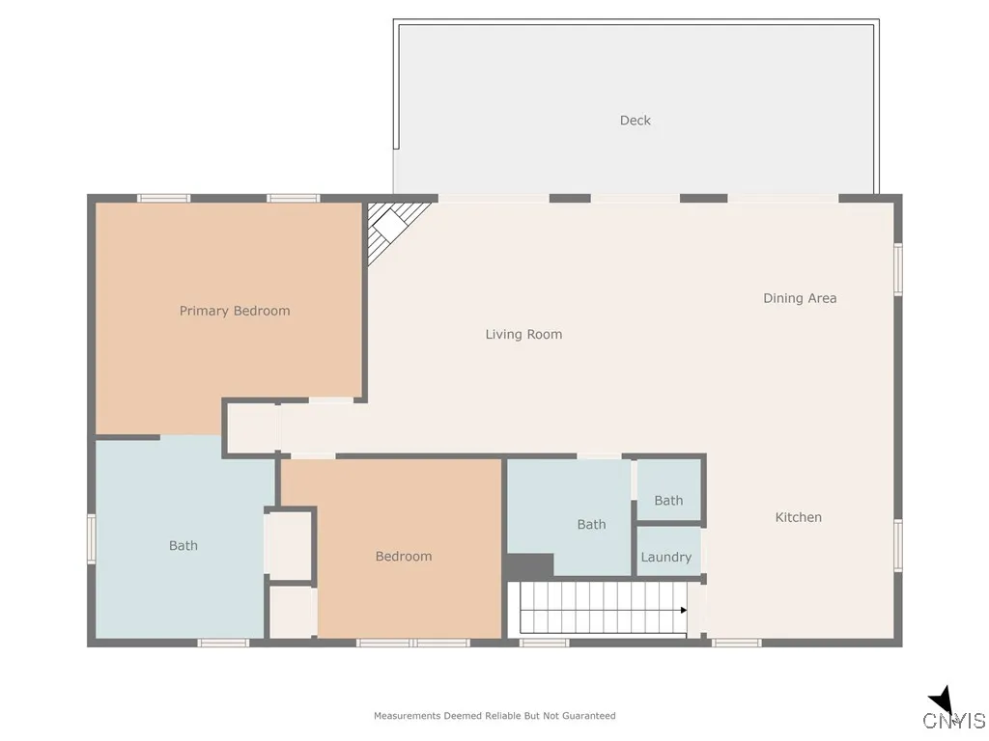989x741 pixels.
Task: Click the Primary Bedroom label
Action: point(235,311)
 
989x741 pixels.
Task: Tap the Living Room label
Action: point(523,335)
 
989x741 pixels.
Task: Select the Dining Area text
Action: point(800,298)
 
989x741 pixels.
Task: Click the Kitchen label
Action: point(799,517)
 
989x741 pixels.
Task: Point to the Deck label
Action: point(636,121)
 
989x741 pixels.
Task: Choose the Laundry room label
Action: point(666,557)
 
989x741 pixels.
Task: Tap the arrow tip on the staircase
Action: point(684,610)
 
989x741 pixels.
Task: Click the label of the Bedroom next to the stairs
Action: point(404,556)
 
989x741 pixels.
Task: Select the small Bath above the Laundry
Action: point(668,500)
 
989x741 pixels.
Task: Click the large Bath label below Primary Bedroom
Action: point(184,545)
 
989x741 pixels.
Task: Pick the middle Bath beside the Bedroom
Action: point(591,524)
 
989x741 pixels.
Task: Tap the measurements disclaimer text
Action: point(494,716)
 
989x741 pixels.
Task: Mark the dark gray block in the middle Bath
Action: point(529,565)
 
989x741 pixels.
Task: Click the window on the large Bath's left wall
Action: point(92,537)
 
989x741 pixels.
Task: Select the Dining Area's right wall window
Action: point(897,268)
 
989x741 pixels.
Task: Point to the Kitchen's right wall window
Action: point(897,545)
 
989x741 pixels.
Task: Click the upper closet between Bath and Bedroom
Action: point(289,545)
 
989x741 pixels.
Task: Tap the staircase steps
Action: point(599,609)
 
